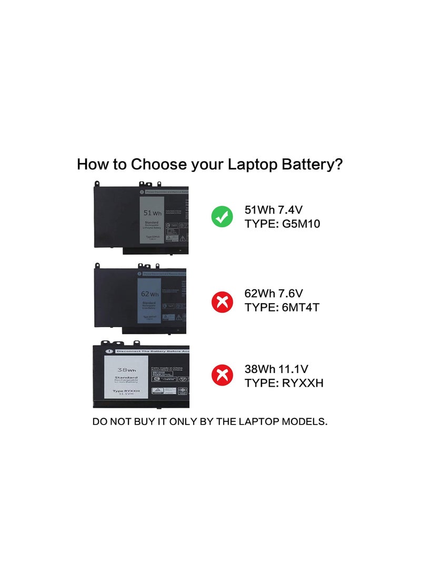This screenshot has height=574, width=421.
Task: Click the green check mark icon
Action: pyautogui.click(x=222, y=217)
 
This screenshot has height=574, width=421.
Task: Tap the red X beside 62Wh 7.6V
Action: pyautogui.click(x=222, y=301)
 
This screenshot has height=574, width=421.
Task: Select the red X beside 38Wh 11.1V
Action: pyautogui.click(x=222, y=376)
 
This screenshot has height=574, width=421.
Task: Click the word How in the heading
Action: pyautogui.click(x=92, y=164)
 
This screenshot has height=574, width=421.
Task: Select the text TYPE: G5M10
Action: pyautogui.click(x=283, y=224)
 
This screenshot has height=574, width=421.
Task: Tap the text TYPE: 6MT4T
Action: pyautogui.click(x=282, y=307)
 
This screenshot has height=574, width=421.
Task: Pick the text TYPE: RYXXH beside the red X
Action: pyautogui.click(x=284, y=382)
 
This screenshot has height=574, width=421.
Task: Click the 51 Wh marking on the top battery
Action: pyautogui.click(x=152, y=213)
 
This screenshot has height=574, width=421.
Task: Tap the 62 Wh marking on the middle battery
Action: pyautogui.click(x=149, y=294)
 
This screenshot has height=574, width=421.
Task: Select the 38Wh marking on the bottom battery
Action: pyautogui.click(x=126, y=370)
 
